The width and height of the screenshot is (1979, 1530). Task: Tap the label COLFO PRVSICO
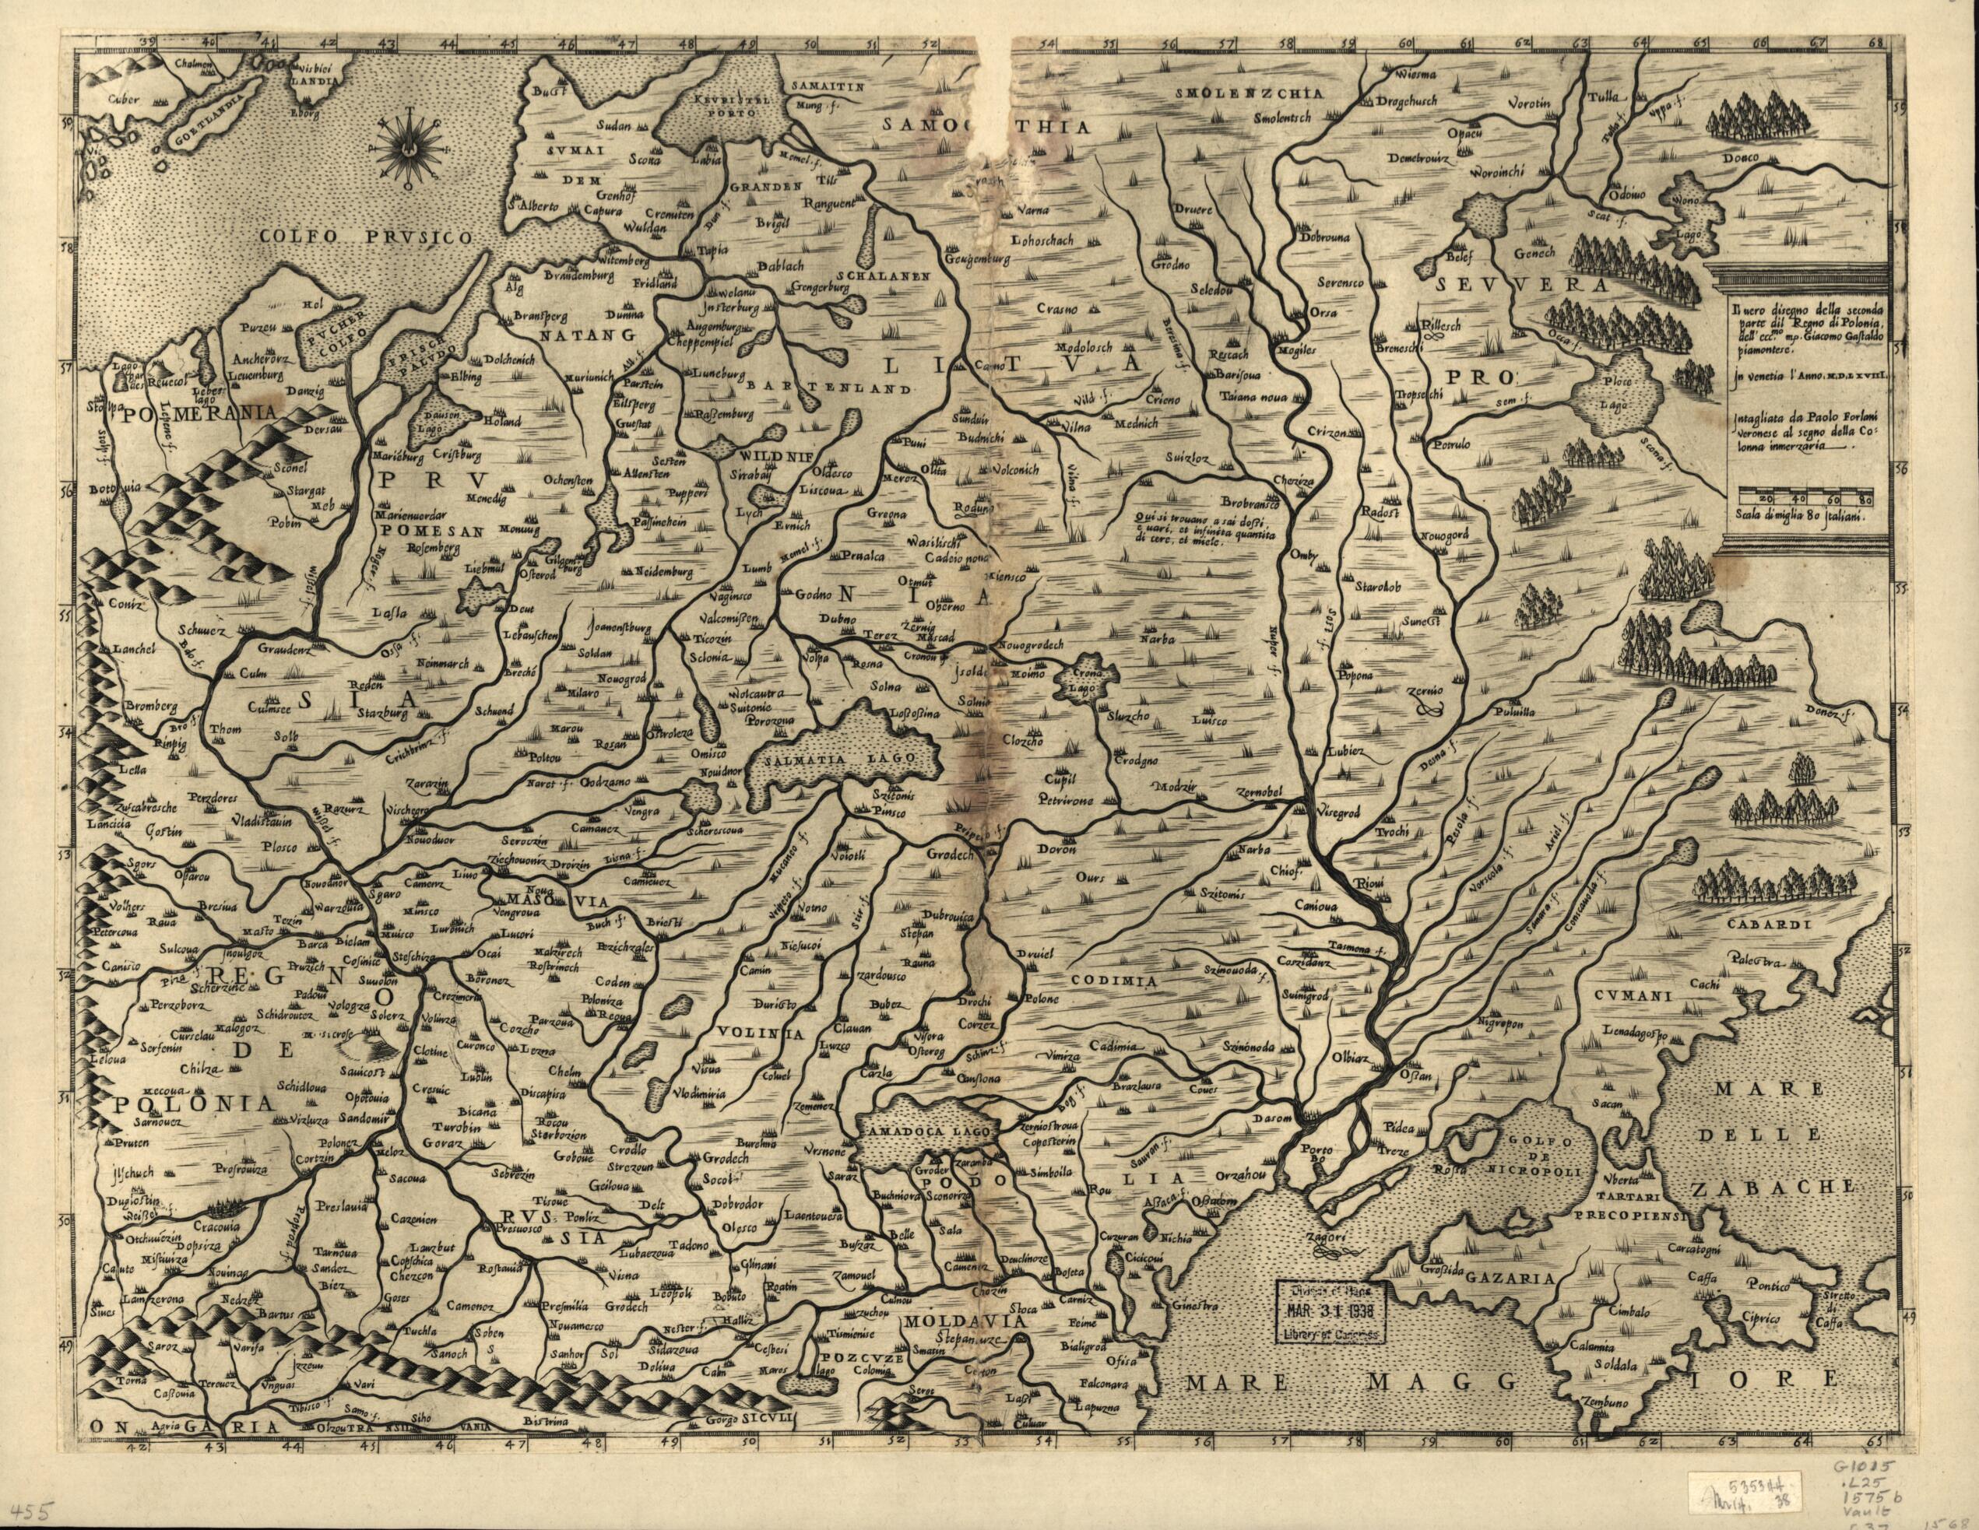366,237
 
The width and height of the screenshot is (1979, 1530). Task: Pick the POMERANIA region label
195,414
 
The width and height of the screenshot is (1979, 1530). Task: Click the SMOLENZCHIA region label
1250,93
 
